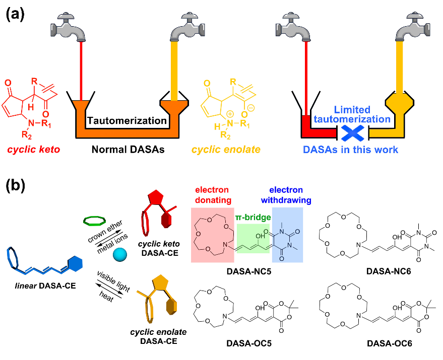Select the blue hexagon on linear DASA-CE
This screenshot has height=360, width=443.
click(x=75, y=263)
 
